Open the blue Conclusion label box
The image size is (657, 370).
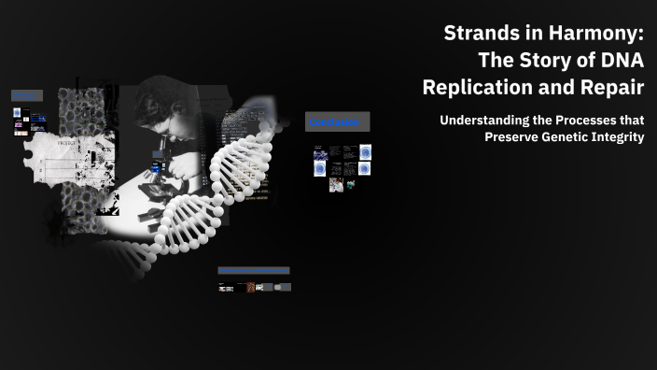click(x=337, y=121)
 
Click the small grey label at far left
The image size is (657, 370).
click(x=26, y=95)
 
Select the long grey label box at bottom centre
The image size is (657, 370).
click(x=254, y=270)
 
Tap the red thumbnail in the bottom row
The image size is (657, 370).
click(x=251, y=288)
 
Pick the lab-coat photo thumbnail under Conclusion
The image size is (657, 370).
click(x=336, y=185)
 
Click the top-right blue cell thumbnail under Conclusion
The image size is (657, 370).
click(x=365, y=151)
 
